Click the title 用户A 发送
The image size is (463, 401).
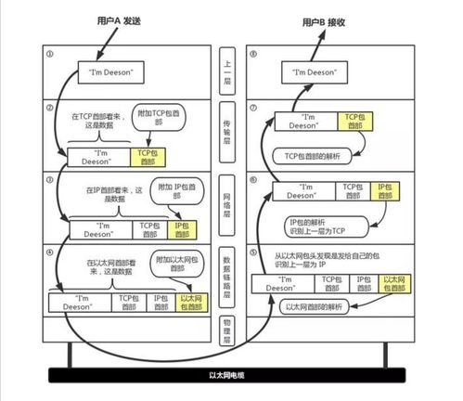[x=122, y=19]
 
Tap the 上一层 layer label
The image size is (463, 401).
[x=230, y=71]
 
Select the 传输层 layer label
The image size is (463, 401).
[x=230, y=136]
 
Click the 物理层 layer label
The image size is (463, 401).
[x=230, y=330]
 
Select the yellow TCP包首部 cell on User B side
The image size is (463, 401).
[x=353, y=122]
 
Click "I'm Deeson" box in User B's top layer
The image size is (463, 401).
[x=314, y=71]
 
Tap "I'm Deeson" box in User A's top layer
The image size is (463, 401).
[x=109, y=71]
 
